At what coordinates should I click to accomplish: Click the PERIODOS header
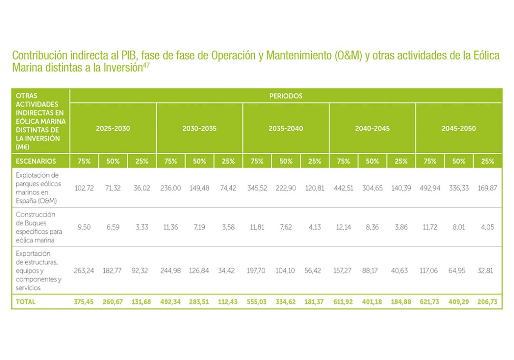tap(286, 96)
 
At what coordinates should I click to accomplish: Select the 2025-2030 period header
tap(113, 129)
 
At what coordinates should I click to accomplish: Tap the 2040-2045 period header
tap(372, 129)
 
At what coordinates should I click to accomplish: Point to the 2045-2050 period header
tap(458, 129)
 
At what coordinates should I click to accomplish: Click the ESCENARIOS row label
tap(36, 161)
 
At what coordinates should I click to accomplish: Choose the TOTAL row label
tap(26, 302)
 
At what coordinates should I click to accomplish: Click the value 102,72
tap(84, 188)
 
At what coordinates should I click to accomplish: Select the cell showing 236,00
tap(170, 188)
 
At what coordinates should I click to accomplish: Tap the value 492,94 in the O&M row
tap(430, 188)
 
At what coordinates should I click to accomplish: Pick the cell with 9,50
tap(84, 227)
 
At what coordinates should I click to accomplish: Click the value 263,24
tap(84, 270)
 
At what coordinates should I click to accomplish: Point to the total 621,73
tap(430, 302)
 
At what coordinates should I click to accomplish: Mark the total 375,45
tap(84, 302)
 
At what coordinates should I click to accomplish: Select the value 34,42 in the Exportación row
tap(228, 270)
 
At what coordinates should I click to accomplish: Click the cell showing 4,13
tap(315, 227)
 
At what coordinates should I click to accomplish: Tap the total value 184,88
tap(401, 302)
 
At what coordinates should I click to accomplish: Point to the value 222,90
tap(286, 188)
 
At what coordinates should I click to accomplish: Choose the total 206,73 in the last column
tap(487, 302)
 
